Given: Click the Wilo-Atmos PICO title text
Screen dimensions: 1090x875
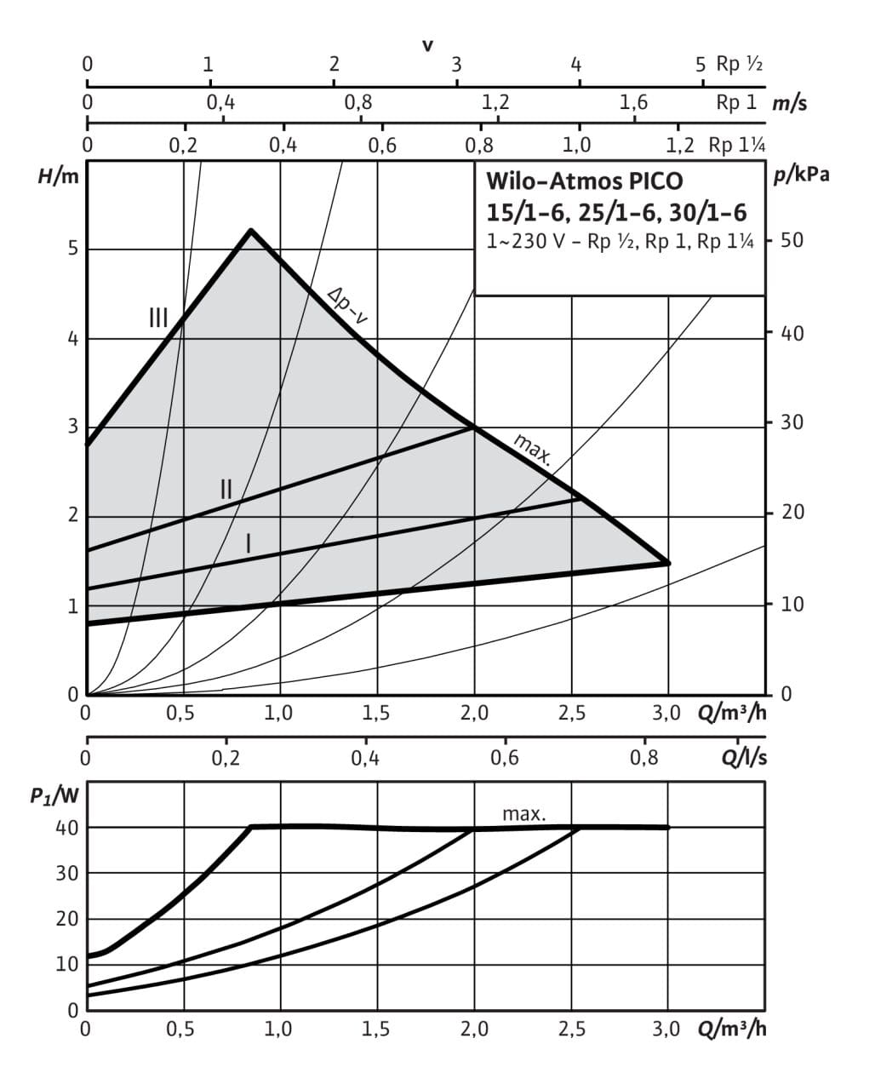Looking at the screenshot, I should click(584, 181).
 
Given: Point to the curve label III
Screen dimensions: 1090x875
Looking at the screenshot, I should click(158, 318).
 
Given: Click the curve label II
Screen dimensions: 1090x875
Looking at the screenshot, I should click(226, 489).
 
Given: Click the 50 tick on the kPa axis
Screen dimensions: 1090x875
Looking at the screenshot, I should click(792, 241).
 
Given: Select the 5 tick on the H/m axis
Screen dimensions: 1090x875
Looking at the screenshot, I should click(73, 249).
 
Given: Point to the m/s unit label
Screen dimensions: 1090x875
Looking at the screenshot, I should click(790, 104).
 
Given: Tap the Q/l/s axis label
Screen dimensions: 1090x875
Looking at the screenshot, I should click(744, 757).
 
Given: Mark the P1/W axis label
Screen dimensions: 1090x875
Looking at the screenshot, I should click(55, 797).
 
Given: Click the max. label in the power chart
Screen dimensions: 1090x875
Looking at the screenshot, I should click(523, 814).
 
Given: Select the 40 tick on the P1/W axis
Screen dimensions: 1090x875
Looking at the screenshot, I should click(67, 828).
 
